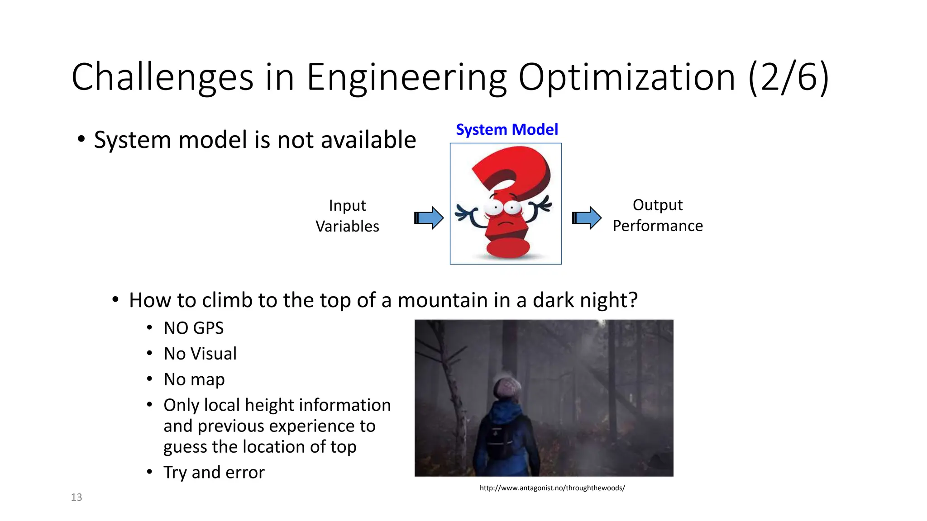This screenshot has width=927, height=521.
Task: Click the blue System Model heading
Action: [507, 130]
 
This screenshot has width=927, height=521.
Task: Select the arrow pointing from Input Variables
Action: [429, 218]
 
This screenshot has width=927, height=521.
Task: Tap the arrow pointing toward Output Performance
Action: [587, 218]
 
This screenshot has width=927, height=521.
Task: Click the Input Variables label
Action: [347, 216]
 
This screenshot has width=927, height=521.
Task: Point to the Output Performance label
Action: [657, 215]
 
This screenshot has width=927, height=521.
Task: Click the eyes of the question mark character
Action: [503, 208]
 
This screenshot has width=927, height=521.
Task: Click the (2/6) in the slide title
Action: [788, 78]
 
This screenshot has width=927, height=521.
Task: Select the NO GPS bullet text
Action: [194, 328]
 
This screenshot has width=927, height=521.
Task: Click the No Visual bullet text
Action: [200, 354]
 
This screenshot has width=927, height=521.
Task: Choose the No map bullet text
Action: [194, 379]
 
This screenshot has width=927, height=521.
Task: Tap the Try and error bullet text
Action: [214, 473]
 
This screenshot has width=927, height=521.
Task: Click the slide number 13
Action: [76, 497]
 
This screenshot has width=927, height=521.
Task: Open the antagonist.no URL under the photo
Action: [552, 488]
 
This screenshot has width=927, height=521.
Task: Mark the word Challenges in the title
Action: [162, 78]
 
